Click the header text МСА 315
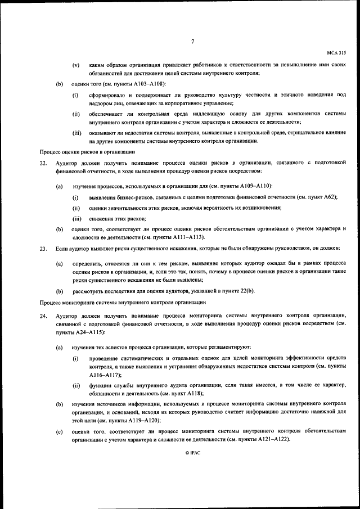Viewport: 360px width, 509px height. click(336, 52)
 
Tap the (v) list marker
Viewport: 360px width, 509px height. click(76, 65)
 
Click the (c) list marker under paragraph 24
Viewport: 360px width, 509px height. click(59, 431)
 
